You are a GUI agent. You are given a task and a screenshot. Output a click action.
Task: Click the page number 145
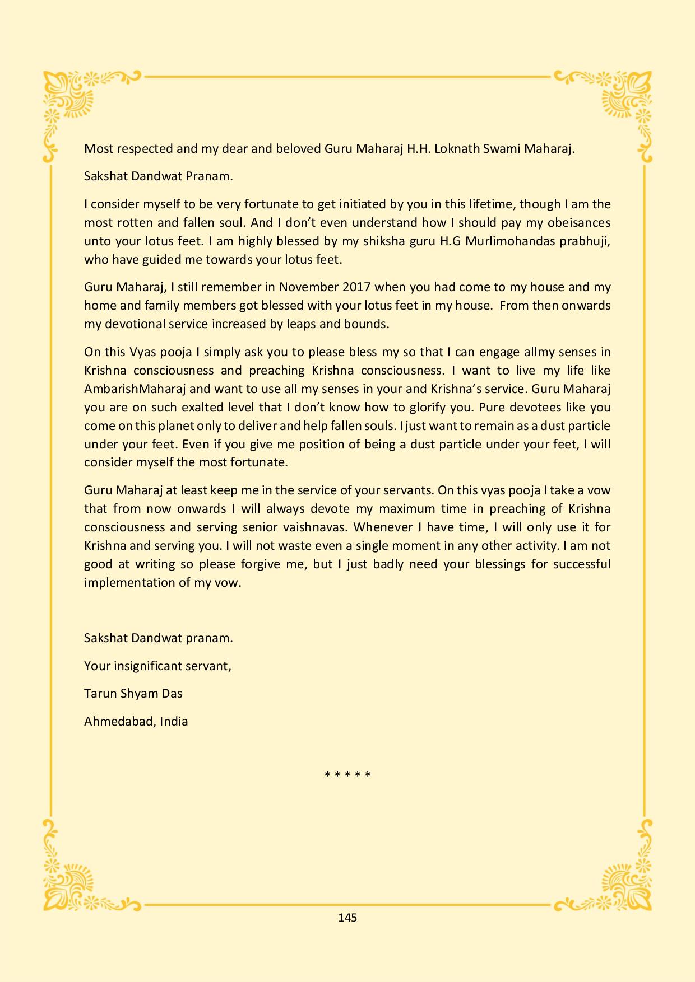point(347,918)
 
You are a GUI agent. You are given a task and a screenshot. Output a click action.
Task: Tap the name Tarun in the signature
point(99,694)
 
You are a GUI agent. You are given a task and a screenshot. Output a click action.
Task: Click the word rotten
point(135,223)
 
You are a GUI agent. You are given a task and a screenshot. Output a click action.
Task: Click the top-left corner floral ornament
point(70,101)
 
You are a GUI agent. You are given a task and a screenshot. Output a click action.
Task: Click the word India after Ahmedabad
point(174,722)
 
